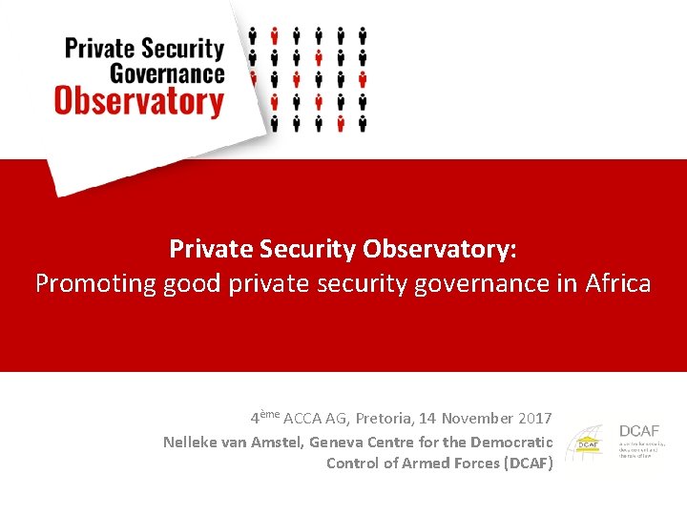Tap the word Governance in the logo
click(x=167, y=73)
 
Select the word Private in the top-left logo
click(x=99, y=48)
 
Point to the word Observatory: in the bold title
click(x=440, y=249)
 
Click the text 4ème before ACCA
click(x=264, y=418)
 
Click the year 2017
click(x=534, y=419)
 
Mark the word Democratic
click(x=514, y=442)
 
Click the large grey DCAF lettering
click(x=639, y=431)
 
